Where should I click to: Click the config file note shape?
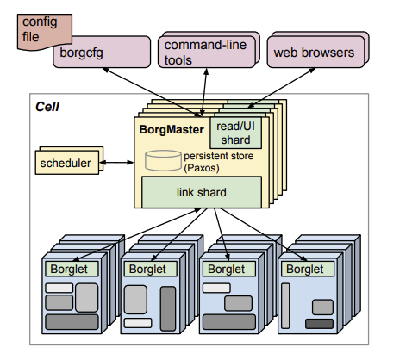coord(45,32)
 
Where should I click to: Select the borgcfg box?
coord(102,53)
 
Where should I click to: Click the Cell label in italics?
coord(47,107)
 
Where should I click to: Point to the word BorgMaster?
coord(172,129)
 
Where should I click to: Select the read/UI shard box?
coord(236,133)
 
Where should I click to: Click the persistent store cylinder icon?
coord(163,160)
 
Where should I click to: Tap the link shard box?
coord(202,192)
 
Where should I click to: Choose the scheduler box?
coord(67,163)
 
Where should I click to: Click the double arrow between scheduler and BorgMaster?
coord(116,163)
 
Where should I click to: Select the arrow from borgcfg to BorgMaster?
coord(153,92)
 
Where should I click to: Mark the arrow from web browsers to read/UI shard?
coord(282,88)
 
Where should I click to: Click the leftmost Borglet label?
coord(69,269)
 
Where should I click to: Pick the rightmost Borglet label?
coord(305,269)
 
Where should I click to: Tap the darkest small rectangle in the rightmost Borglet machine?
coord(319,324)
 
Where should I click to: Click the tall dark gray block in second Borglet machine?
coord(168,308)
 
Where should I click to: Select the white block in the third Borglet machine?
coord(216,288)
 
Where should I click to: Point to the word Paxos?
coord(202,168)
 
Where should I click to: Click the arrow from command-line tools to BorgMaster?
coord(204,92)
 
